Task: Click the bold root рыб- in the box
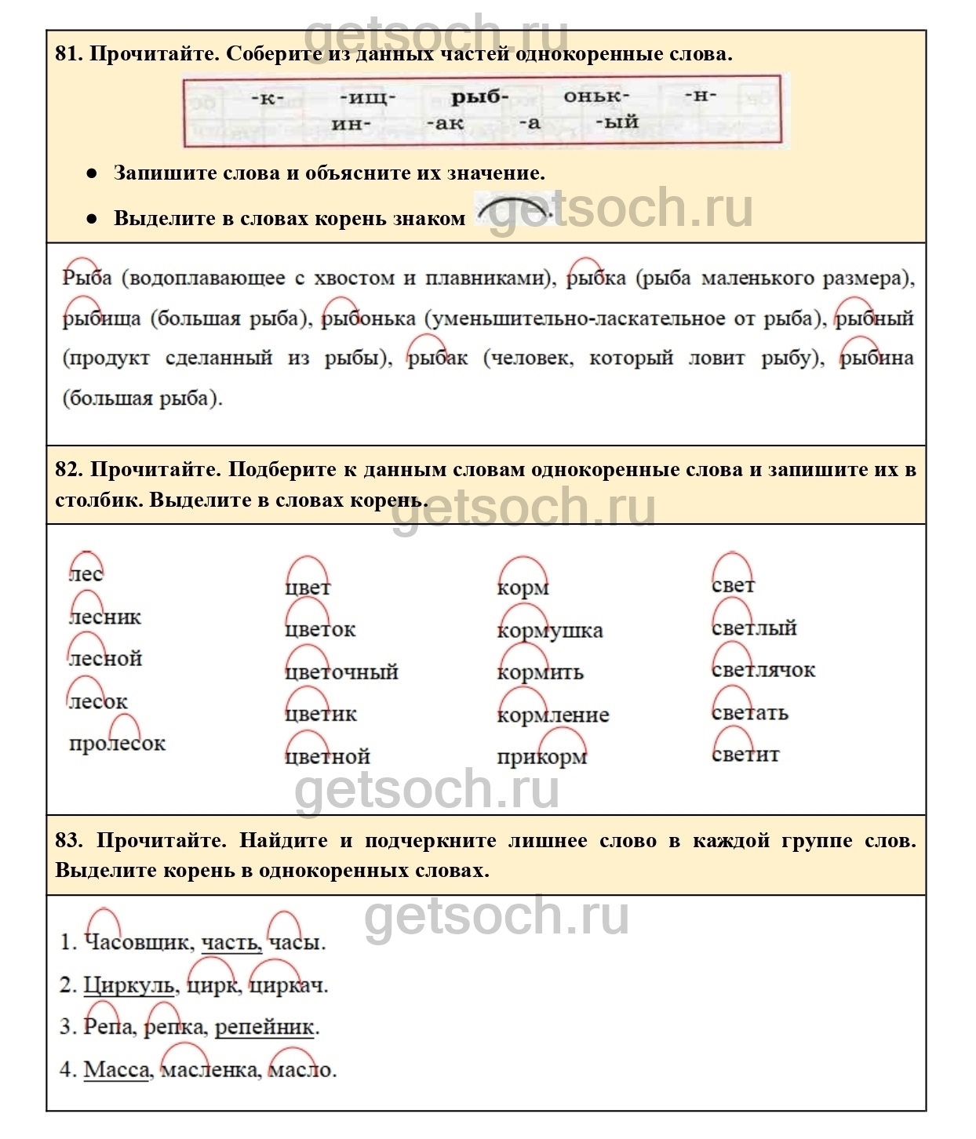click(479, 97)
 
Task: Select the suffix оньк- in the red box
click(596, 96)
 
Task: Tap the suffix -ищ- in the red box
click(367, 98)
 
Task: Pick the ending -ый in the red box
click(617, 122)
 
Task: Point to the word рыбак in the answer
click(437, 358)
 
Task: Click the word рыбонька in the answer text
click(369, 318)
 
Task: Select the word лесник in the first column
click(105, 617)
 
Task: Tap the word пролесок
click(117, 744)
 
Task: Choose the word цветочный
click(341, 672)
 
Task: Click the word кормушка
click(549, 631)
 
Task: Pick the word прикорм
click(541, 757)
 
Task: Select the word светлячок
click(763, 671)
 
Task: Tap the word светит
click(745, 755)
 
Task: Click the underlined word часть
click(231, 942)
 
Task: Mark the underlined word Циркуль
click(129, 985)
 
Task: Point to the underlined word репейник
click(264, 1027)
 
